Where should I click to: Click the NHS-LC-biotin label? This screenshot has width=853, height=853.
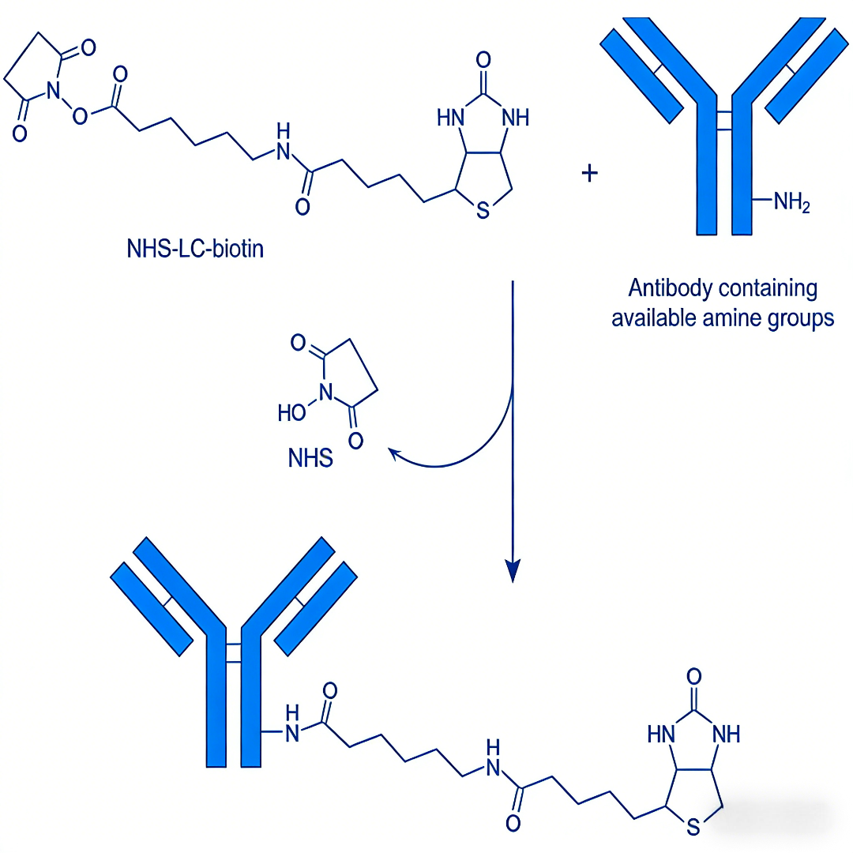[195, 250]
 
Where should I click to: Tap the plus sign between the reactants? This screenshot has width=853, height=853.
[590, 173]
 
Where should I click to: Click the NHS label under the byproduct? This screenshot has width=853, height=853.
[310, 458]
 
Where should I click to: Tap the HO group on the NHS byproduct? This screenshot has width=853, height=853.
[291, 412]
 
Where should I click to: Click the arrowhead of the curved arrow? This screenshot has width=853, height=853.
[393, 452]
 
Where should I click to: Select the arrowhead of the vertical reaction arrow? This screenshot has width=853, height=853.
[513, 570]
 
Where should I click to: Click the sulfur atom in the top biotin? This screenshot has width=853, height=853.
[483, 211]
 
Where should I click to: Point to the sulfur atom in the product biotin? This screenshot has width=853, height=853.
[693, 829]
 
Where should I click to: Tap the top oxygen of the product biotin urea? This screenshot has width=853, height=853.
[694, 676]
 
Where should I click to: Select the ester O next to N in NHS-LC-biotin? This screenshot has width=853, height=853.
[80, 116]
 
